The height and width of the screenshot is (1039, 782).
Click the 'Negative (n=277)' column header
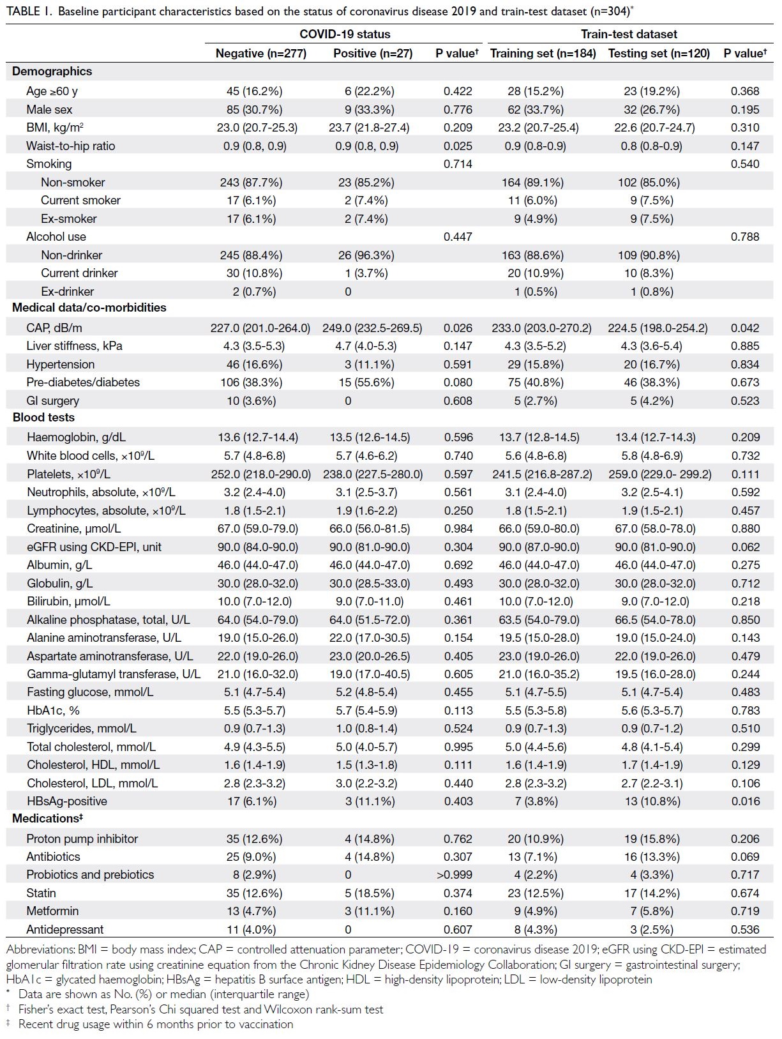pyautogui.click(x=260, y=53)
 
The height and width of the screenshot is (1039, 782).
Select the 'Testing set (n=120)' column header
pyautogui.click(x=659, y=53)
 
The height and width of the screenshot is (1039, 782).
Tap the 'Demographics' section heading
pyautogui.click(x=52, y=72)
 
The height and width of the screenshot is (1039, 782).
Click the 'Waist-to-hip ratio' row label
pyautogui.click(x=70, y=146)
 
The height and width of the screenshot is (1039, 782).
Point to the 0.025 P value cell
pyautogui.click(x=458, y=146)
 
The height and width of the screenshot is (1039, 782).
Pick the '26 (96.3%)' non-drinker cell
pyautogui.click(x=366, y=255)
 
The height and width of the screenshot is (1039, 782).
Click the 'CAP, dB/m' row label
pyautogui.click(x=54, y=328)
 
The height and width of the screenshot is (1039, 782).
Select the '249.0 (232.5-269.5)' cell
pyautogui.click(x=372, y=328)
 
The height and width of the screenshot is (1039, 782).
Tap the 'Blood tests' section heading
pyautogui.click(x=43, y=418)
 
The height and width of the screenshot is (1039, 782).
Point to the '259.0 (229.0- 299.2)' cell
pyautogui.click(x=659, y=474)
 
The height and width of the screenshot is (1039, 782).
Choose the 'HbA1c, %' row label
pyautogui.click(x=53, y=710)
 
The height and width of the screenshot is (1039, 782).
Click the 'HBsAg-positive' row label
pyautogui.click(x=66, y=801)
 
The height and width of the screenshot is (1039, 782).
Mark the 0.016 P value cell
pyautogui.click(x=745, y=801)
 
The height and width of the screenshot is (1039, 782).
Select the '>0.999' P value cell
pyautogui.click(x=454, y=874)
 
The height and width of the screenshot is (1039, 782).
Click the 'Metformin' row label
pyautogui.click(x=52, y=911)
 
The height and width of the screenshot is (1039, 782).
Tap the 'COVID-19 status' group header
pyautogui.click(x=345, y=34)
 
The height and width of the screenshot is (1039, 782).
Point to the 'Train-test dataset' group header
pyautogui.click(x=629, y=34)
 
